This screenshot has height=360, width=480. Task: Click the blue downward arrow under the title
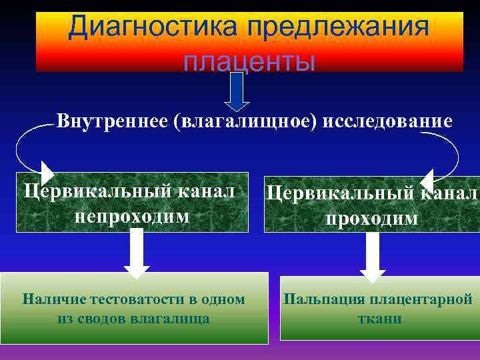(x=236, y=90)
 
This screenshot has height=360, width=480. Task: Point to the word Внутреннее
(x=111, y=121)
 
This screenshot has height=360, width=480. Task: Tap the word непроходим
(x=132, y=216)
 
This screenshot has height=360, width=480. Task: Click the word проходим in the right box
(x=373, y=218)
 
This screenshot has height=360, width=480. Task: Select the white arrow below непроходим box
(x=137, y=252)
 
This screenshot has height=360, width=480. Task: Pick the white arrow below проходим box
(x=373, y=257)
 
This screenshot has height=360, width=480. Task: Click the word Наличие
(x=49, y=299)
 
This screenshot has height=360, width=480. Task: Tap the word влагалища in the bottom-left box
(x=175, y=318)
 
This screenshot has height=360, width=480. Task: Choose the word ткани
(x=379, y=318)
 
